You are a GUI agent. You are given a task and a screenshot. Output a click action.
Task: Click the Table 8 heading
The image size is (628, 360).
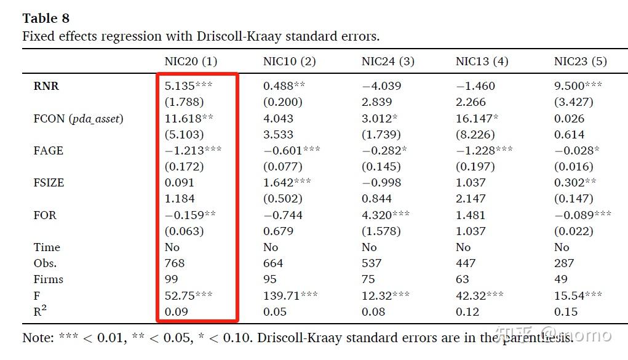46,19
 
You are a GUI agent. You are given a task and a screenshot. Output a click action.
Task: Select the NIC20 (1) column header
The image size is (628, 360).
191,62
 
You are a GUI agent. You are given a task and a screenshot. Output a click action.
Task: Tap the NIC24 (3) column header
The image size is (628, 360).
388,62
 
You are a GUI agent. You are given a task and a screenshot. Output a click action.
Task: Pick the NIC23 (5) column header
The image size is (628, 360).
580,62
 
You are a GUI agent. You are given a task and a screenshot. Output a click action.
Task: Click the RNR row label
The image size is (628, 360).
46,86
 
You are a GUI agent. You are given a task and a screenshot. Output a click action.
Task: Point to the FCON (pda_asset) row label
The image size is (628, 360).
78,119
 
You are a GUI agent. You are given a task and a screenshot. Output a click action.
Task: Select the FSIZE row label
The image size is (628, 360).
49,183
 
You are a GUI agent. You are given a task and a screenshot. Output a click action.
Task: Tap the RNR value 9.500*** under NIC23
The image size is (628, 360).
578,86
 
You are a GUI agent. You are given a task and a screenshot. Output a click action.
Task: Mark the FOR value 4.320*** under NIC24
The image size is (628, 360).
386,215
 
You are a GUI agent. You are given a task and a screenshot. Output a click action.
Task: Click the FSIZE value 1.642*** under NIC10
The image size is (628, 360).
287,183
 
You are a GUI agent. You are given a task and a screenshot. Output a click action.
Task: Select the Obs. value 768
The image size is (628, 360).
175,263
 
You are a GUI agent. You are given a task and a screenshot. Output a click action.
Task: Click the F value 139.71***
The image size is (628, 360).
290,296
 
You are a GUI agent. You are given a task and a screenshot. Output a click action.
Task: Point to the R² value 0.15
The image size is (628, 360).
566,312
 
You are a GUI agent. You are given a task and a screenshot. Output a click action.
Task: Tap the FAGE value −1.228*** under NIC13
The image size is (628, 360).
484,151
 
